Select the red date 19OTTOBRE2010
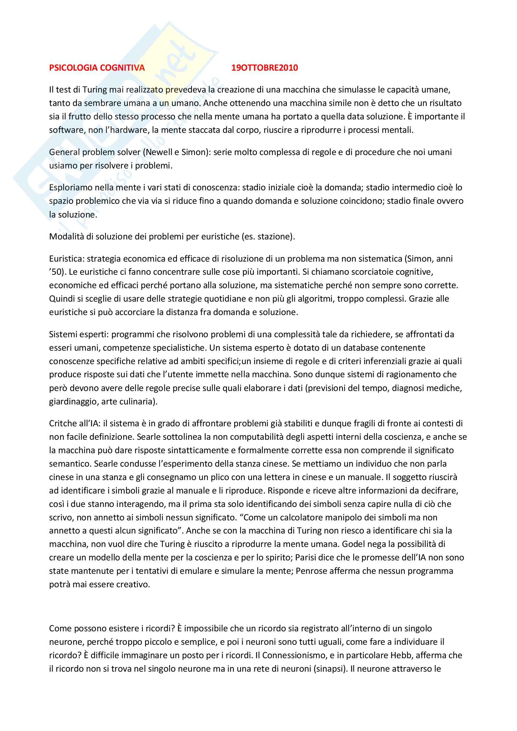(x=264, y=68)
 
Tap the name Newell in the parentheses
(x=158, y=152)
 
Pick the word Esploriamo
(x=69, y=188)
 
